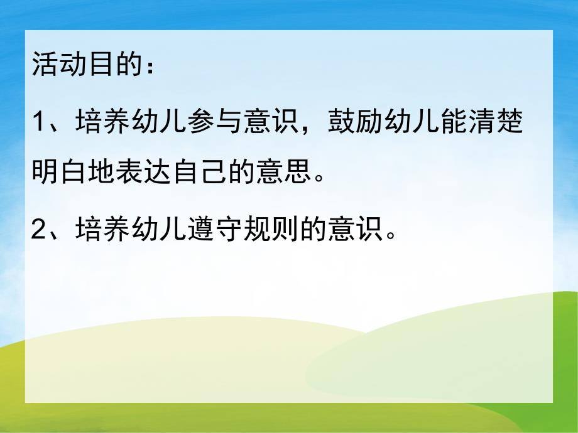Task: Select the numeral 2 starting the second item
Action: click(x=39, y=230)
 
